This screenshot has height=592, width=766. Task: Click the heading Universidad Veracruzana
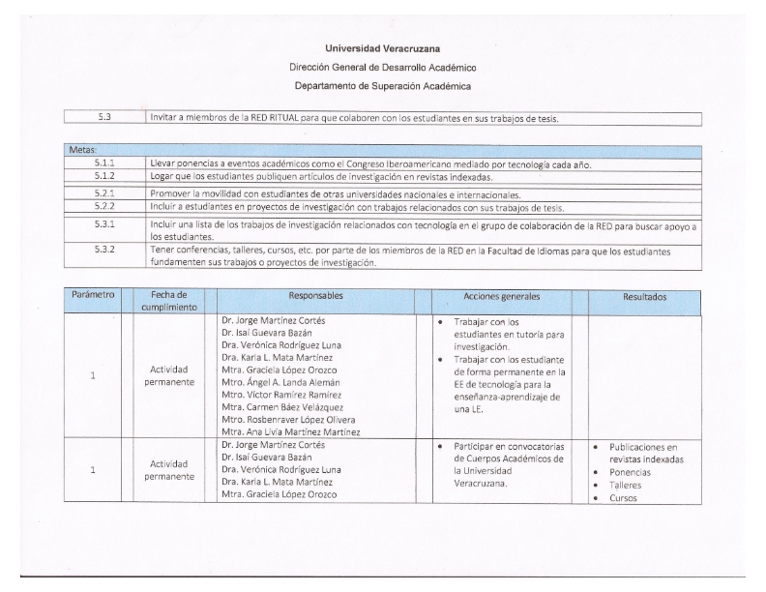(x=383, y=48)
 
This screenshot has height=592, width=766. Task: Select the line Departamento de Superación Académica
(x=383, y=86)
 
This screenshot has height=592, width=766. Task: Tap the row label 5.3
(x=104, y=118)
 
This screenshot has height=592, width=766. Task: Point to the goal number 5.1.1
(x=104, y=163)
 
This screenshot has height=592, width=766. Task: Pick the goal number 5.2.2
(x=104, y=207)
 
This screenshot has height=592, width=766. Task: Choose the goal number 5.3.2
(x=104, y=250)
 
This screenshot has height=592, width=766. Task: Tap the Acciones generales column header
(x=502, y=294)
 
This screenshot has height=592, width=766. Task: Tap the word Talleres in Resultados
(x=626, y=485)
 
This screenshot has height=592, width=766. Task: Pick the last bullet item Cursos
(x=623, y=497)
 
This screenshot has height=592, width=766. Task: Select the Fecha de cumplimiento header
(x=169, y=300)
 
